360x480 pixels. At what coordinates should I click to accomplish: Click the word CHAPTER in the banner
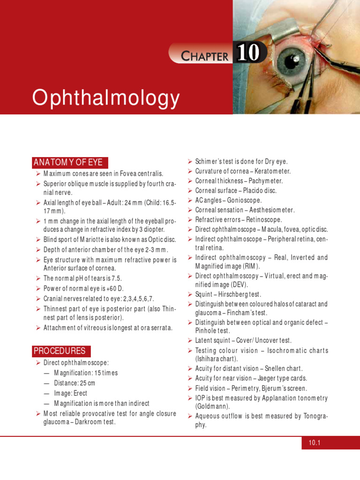[205, 56]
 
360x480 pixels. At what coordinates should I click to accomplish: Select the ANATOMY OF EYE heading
[67, 163]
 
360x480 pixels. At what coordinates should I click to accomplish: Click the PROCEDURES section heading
[59, 351]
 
